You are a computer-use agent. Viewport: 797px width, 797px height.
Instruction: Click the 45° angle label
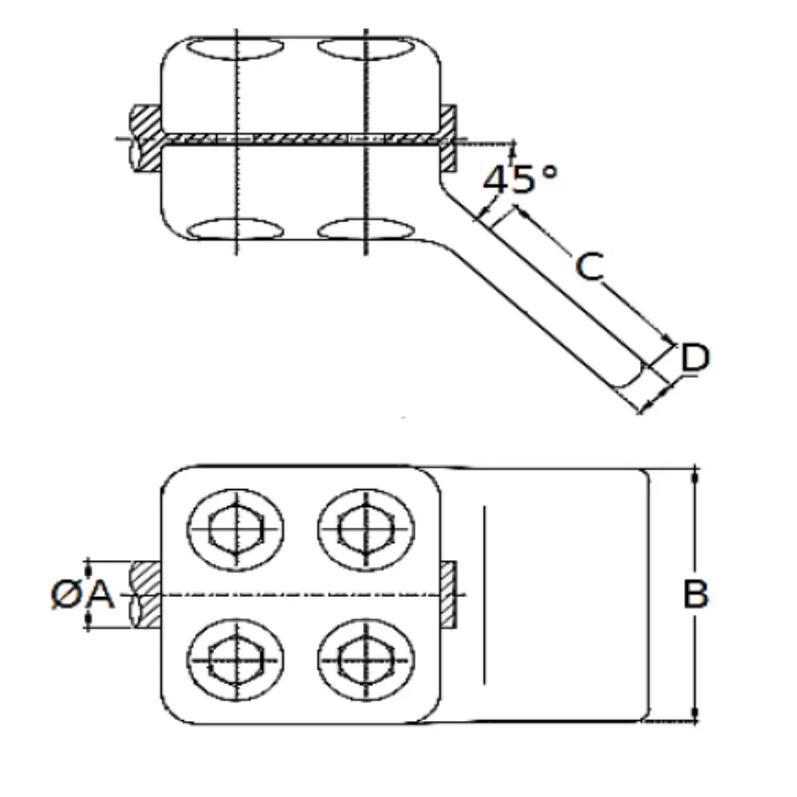520,179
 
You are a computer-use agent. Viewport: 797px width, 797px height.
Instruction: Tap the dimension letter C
590,266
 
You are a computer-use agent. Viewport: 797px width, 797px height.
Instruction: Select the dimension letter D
695,357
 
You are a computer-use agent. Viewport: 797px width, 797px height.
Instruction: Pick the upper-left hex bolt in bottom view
236,529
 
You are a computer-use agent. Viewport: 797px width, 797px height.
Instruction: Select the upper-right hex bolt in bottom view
366,529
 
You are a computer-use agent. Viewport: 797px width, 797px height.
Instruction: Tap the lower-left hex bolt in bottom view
236,660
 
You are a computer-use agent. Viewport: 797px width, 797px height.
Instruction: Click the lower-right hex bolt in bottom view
366,660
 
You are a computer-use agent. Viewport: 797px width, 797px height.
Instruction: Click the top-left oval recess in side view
236,48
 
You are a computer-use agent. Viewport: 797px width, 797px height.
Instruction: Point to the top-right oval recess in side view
366,48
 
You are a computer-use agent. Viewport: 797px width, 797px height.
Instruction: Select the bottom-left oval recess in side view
236,229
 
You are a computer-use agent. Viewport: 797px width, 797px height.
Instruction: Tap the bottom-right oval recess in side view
366,229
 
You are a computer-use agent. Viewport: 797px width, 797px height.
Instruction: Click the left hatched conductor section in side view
145,138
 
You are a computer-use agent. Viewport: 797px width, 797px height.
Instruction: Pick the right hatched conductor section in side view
449,138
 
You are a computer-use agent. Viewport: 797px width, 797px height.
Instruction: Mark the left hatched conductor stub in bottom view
146,594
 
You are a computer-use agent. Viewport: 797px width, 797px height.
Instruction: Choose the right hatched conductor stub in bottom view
449,594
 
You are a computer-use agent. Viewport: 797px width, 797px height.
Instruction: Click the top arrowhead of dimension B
696,476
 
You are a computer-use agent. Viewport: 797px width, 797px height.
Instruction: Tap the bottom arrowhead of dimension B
696,713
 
